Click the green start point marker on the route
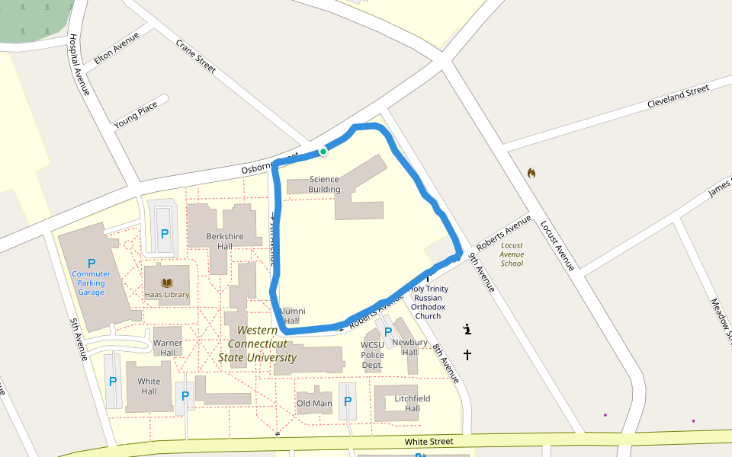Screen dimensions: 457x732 click(x=323, y=152)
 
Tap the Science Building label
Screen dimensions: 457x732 click(x=324, y=184)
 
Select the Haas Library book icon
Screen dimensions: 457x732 click(x=166, y=283)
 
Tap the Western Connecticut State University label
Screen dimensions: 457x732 click(x=257, y=344)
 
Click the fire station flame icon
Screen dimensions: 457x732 click(x=531, y=173)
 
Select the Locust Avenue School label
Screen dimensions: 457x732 click(x=512, y=254)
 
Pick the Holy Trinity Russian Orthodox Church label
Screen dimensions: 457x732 click(x=429, y=302)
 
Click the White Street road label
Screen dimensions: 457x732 click(x=429, y=442)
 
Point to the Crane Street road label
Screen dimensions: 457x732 click(x=196, y=56)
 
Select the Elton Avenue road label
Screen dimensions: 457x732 click(x=117, y=47)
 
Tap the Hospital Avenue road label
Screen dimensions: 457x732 click(x=79, y=65)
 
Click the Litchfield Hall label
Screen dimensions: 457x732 click(x=413, y=404)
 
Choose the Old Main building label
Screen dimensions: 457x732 click(x=314, y=404)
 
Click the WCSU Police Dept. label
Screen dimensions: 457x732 click(x=372, y=355)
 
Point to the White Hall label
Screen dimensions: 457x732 click(x=149, y=386)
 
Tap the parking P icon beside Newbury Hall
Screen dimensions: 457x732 click(x=388, y=332)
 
